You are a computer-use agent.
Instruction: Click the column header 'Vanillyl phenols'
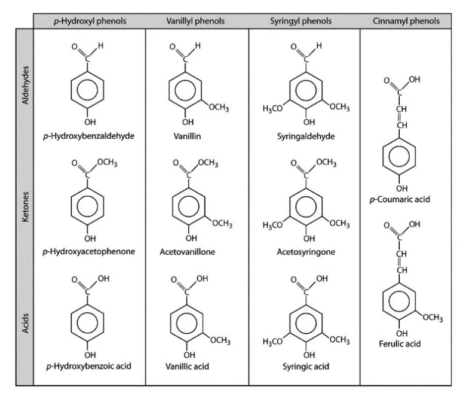pos(195,21)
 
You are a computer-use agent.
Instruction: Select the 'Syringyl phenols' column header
pos(301,21)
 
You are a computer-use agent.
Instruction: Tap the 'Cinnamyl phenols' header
pos(406,21)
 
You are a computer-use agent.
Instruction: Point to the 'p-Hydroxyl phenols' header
pos(90,21)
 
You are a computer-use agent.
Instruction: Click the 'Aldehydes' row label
pos(26,85)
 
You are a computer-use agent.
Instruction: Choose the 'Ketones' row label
pos(26,207)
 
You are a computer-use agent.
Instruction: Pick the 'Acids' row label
pos(26,323)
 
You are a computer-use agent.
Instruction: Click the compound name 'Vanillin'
pos(187,136)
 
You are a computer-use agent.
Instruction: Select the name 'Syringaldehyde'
pos(306,136)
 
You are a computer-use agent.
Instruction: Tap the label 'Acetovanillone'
pos(187,252)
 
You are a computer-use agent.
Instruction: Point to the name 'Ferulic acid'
pos(400,344)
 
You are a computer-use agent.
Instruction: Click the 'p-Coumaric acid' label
pos(400,199)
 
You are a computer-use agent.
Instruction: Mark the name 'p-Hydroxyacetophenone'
pos(89,252)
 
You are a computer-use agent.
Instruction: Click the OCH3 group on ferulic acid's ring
pos(433,318)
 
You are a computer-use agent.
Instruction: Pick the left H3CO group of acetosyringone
pos(272,226)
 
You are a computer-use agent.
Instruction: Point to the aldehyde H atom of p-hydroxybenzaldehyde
pos(101,45)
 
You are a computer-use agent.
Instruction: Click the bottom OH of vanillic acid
pos(189,355)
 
